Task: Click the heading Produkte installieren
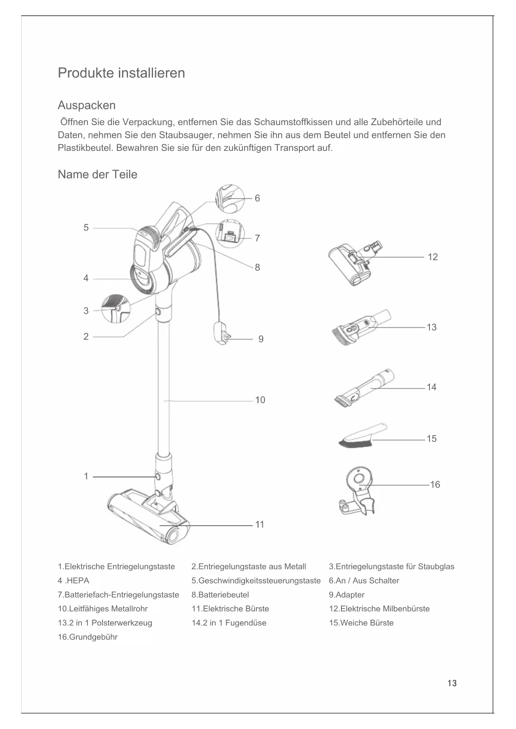pos(121,73)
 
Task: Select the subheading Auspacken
pos(86,105)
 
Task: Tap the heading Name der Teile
pos(97,175)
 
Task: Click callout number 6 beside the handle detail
pos(257,199)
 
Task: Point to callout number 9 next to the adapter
pos(261,339)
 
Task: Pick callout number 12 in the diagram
pos(432,257)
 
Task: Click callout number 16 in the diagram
pos(435,485)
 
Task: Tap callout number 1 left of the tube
pos(86,476)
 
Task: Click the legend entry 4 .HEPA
pos(74,581)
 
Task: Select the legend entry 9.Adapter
pos(346,595)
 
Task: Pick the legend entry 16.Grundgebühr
pos(88,637)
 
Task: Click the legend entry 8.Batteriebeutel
pos(220,595)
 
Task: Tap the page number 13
pos(452,683)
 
